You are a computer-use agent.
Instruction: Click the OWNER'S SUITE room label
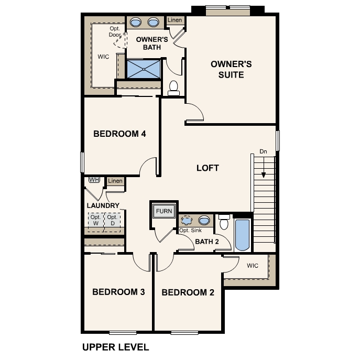(231, 69)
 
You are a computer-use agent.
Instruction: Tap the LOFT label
(208, 168)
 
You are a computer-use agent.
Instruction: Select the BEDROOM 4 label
(119, 134)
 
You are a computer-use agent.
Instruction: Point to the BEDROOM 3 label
(118, 292)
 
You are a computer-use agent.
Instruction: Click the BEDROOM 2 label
(188, 292)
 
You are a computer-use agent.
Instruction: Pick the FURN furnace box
(164, 212)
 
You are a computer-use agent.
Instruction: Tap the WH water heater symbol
(94, 180)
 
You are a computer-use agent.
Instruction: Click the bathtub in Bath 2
(243, 235)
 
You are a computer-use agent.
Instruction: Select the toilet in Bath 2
(224, 223)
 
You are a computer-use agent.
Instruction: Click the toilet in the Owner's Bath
(174, 88)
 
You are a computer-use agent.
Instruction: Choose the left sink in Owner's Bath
(136, 22)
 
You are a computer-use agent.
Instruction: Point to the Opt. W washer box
(96, 220)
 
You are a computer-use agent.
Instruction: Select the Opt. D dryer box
(112, 220)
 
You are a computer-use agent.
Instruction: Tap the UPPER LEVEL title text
(116, 347)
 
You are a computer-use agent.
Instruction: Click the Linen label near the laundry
(115, 181)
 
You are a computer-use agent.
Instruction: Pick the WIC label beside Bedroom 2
(253, 266)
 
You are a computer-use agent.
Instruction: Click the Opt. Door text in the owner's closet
(115, 31)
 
